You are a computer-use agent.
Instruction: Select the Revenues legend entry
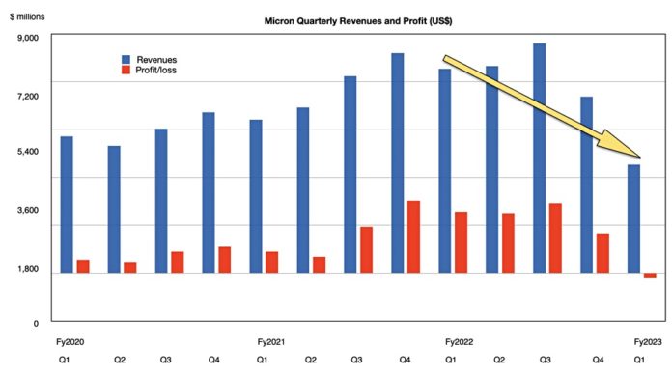(x=155, y=60)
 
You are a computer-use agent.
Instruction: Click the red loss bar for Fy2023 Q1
(x=650, y=276)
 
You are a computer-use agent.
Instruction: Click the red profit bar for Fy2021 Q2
(x=319, y=265)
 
